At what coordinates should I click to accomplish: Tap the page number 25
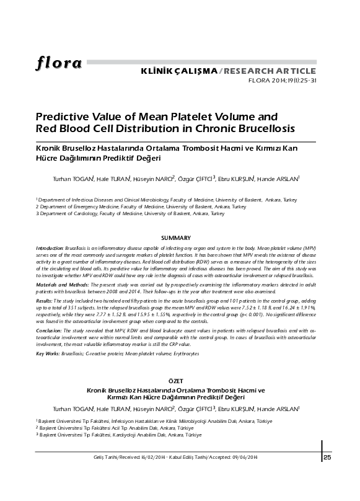[328, 458]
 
